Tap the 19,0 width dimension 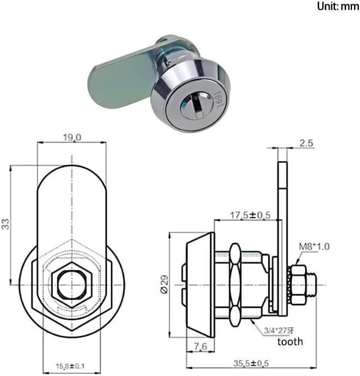point(72,138)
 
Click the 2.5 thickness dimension point(306,144)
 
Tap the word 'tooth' point(290,342)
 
